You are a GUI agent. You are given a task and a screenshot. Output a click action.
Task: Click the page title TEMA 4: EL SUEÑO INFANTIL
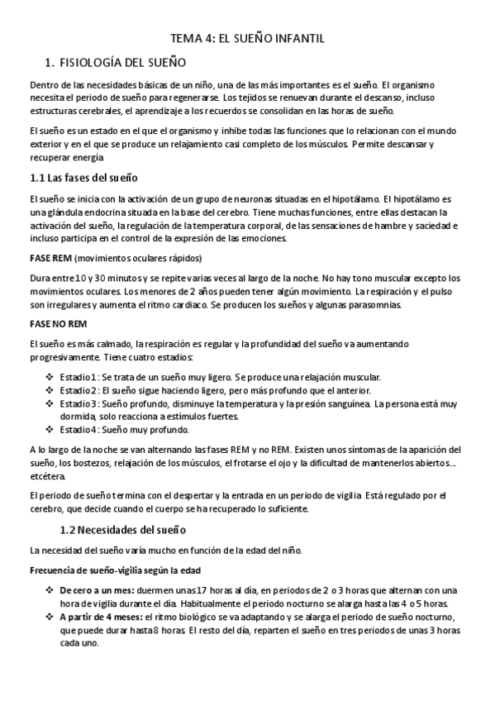pyautogui.click(x=247, y=38)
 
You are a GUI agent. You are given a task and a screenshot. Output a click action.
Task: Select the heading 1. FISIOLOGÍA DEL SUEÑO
pyautogui.click(x=115, y=62)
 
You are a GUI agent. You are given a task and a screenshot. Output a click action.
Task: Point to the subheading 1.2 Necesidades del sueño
pyautogui.click(x=126, y=529)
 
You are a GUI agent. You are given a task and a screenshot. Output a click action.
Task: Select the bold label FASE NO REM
pyautogui.click(x=57, y=322)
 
